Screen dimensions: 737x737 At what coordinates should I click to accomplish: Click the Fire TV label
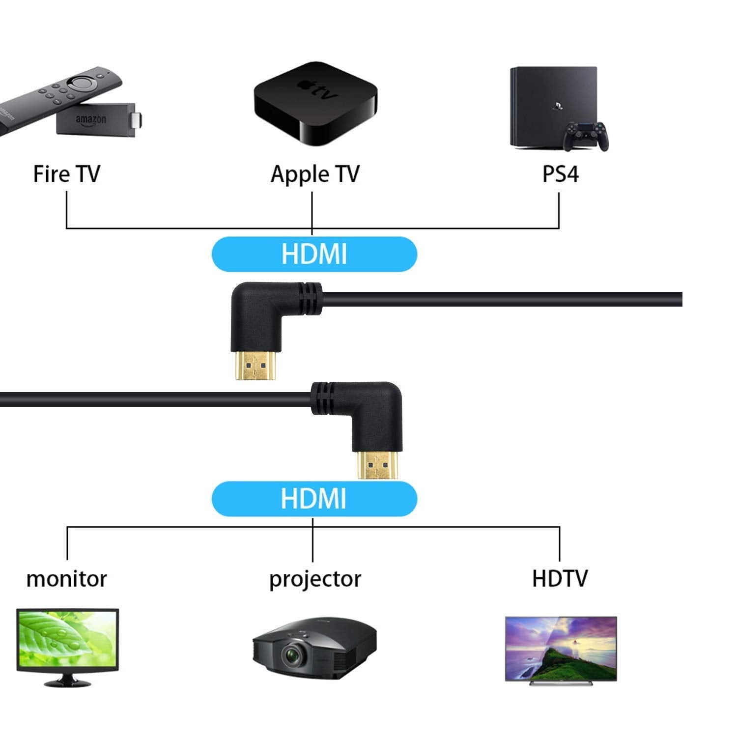[x=66, y=174]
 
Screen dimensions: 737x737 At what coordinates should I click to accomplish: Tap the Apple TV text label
[x=315, y=174]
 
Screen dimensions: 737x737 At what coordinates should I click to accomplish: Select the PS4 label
[x=560, y=174]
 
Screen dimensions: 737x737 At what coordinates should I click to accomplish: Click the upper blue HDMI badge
[x=314, y=254]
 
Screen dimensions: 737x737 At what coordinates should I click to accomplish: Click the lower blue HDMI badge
[x=314, y=499]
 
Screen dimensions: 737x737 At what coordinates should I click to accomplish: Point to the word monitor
[x=66, y=579]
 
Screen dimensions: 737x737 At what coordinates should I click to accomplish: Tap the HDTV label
[x=560, y=578]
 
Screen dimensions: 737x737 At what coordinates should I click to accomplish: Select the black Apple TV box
[x=315, y=104]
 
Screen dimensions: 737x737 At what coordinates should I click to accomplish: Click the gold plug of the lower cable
[x=377, y=464]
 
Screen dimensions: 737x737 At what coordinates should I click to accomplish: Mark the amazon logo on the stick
[x=91, y=119]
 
